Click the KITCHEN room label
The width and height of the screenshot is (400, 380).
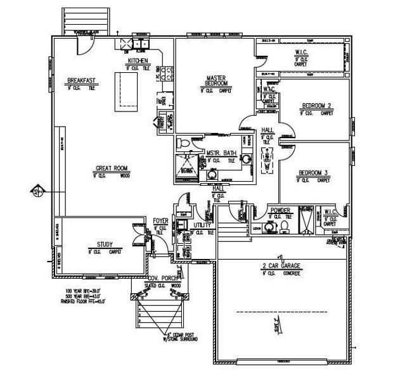point(138,61)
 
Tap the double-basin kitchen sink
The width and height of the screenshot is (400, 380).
point(139,44)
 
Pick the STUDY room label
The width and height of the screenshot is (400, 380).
point(105,244)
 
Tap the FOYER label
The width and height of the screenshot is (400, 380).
point(161,221)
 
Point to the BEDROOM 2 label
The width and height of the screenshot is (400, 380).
point(317,106)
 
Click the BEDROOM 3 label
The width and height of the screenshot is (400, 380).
point(312,172)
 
